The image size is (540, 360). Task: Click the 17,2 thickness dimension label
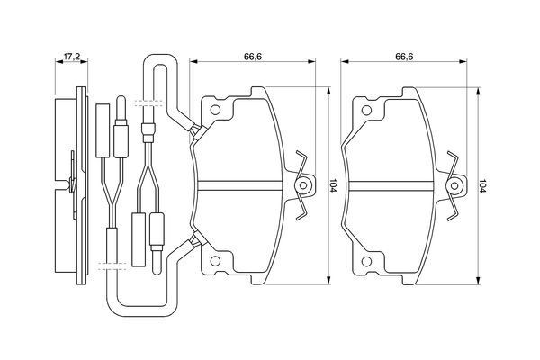(x=72, y=57)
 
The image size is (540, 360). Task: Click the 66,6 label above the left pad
(x=253, y=57)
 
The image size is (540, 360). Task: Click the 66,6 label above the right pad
(x=404, y=57)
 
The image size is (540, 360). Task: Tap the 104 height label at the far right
(x=483, y=186)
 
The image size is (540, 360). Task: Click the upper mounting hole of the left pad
(x=215, y=110)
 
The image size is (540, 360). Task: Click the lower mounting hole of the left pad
(x=215, y=262)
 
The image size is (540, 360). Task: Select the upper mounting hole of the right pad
(x=366, y=111)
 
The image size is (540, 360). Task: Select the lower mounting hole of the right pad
(x=366, y=262)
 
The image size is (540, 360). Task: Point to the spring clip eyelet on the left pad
(x=303, y=185)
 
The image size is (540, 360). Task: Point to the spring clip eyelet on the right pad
(x=454, y=186)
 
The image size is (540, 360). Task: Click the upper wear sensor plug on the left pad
(x=199, y=132)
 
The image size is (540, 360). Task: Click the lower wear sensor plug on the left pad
(x=199, y=239)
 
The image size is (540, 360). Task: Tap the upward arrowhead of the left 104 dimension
(x=328, y=91)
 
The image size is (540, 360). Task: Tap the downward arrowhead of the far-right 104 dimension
(x=478, y=281)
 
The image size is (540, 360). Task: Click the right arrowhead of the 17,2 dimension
(x=84, y=62)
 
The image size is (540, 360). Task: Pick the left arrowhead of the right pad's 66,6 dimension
(x=345, y=62)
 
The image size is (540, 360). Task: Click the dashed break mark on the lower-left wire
(x=113, y=265)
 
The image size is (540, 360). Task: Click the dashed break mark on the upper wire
(x=148, y=103)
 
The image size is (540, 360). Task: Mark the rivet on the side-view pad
(x=72, y=183)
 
